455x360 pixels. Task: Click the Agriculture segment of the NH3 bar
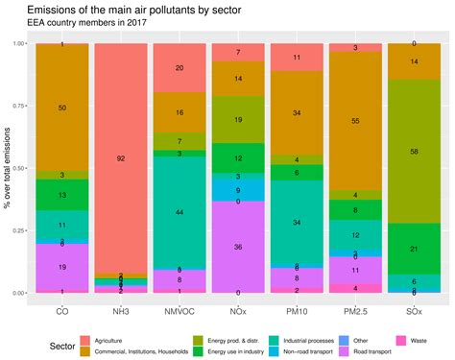pos(121,157)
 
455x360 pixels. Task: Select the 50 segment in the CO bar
pos(62,108)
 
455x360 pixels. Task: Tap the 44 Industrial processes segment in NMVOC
pos(180,211)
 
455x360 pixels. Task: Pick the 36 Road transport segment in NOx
pos(238,247)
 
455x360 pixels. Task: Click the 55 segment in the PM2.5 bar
pos(355,122)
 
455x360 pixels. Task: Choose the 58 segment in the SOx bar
pos(414,152)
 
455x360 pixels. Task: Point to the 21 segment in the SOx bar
pos(414,249)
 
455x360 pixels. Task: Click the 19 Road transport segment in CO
pos(62,267)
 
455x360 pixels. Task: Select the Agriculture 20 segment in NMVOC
pos(180,68)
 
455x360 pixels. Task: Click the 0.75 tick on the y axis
pos(18,106)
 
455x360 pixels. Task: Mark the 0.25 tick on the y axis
pos(18,230)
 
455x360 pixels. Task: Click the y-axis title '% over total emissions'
pos(8,168)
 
